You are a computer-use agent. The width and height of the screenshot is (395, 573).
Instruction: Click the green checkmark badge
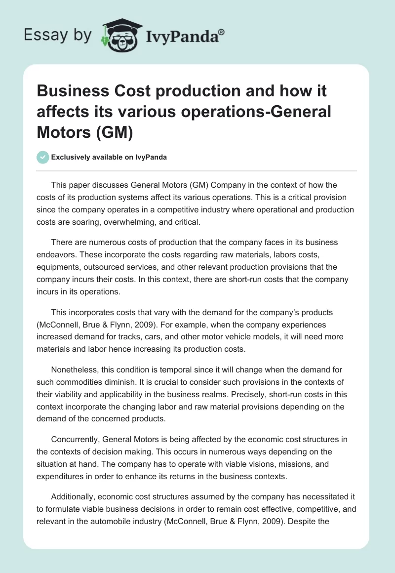42,157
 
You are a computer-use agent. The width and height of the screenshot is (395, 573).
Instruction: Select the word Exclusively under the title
70,157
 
